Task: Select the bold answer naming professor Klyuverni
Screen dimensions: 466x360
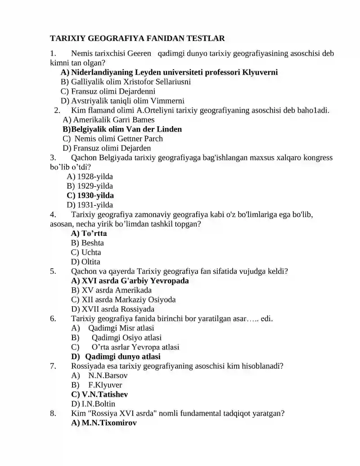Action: (x=169, y=72)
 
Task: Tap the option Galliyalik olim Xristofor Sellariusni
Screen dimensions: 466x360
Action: (x=126, y=81)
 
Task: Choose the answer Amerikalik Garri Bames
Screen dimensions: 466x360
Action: (x=109, y=119)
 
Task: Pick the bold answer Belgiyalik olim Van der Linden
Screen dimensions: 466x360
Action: (x=122, y=129)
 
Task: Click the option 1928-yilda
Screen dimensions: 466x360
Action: (x=90, y=176)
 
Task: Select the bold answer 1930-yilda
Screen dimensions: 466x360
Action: (x=90, y=195)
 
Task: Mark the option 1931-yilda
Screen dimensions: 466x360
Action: (x=90, y=205)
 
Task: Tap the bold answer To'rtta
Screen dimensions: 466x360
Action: (x=89, y=233)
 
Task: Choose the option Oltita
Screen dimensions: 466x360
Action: (x=86, y=262)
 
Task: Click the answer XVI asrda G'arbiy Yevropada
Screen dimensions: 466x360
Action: (x=130, y=281)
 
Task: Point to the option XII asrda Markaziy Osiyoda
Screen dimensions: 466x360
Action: (x=123, y=299)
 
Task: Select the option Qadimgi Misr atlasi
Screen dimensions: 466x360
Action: (x=121, y=328)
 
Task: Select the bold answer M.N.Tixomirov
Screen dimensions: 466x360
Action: (x=104, y=423)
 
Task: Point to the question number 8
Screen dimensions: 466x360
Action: (x=53, y=413)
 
